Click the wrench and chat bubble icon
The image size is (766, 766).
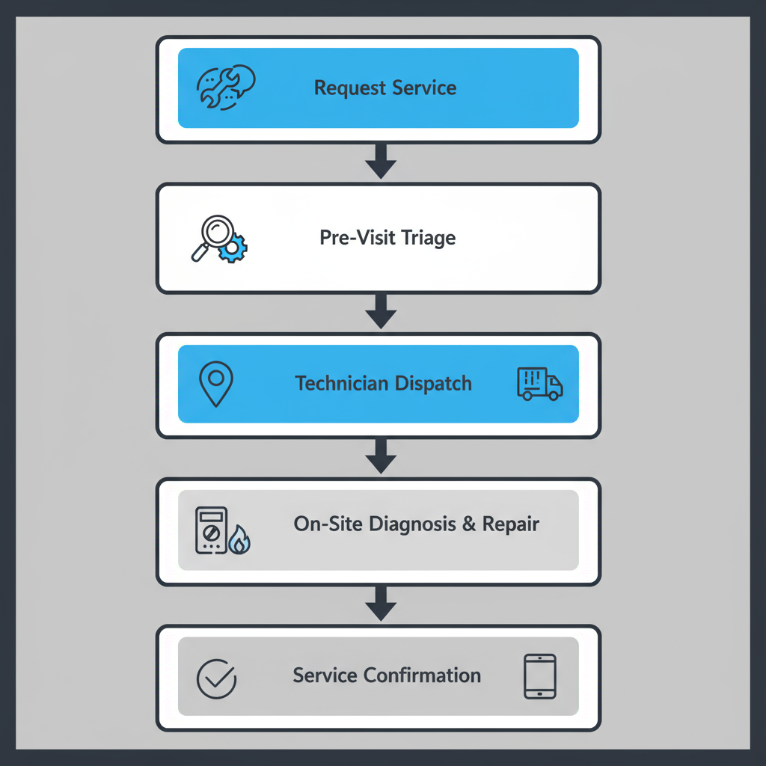click(x=225, y=88)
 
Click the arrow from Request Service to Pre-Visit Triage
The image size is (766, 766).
click(x=381, y=162)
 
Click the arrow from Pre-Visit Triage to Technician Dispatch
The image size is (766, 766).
click(x=381, y=310)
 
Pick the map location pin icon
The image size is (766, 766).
click(x=216, y=384)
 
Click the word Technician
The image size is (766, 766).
click(x=340, y=384)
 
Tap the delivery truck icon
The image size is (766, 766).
click(x=539, y=383)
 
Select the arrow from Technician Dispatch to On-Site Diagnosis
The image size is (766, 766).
click(x=381, y=456)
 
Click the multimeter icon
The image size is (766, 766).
click(x=210, y=530)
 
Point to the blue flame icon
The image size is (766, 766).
click(x=239, y=540)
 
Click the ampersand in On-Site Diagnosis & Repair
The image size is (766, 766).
click(x=468, y=524)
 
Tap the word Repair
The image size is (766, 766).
click(x=511, y=524)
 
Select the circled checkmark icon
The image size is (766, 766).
click(x=216, y=678)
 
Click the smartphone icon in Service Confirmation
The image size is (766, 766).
click(x=539, y=677)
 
